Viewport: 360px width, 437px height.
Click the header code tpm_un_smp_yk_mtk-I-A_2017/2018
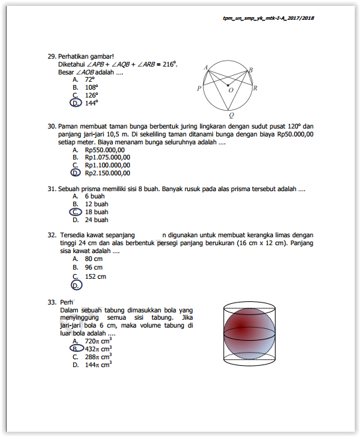268,18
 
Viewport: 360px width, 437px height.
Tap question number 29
52,56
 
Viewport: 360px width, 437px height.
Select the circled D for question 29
76,103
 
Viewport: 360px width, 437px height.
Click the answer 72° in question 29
90,80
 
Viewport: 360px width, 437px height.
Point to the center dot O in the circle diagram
228,85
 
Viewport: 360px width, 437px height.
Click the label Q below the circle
231,115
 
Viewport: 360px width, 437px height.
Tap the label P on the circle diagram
199,88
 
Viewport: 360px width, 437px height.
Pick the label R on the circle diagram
255,88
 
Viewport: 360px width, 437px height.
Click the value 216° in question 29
170,64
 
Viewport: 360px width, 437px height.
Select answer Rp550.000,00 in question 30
105,150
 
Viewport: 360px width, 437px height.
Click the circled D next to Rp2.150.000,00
76,173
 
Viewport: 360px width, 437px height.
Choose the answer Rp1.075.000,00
107,158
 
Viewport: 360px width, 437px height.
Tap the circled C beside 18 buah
76,212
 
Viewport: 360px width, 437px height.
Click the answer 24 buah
96,220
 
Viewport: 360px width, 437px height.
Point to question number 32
52,235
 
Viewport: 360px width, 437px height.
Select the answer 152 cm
96,276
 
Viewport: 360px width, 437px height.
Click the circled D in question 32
76,285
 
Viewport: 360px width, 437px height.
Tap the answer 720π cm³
98,341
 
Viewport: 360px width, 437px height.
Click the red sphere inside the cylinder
249,334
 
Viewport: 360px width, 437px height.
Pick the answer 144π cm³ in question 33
98,364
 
